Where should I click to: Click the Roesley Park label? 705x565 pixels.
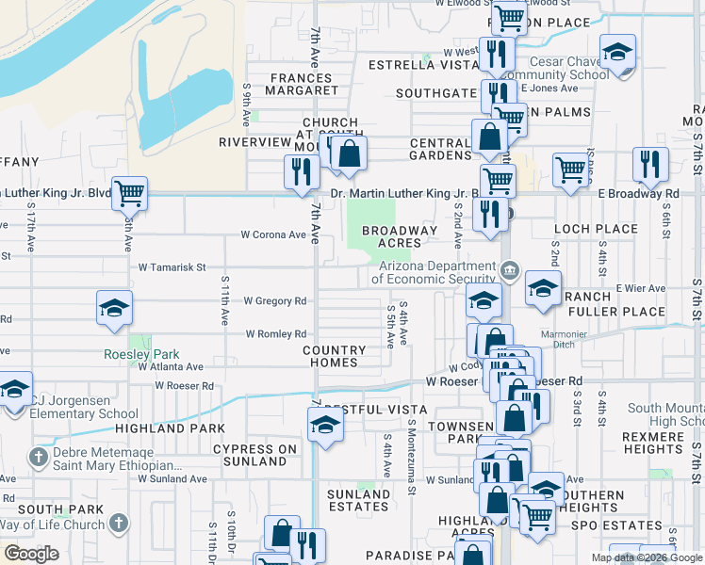pyautogui.click(x=141, y=354)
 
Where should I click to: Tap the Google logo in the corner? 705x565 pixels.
pyautogui.click(x=31, y=554)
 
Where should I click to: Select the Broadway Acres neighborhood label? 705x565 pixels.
pyautogui.click(x=400, y=236)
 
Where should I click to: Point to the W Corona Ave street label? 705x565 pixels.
pyautogui.click(x=273, y=234)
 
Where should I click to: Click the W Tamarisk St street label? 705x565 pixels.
pyautogui.click(x=172, y=267)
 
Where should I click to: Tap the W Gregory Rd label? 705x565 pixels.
pyautogui.click(x=275, y=301)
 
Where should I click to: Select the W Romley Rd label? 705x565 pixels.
pyautogui.click(x=276, y=334)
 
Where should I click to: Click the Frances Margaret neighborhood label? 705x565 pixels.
pyautogui.click(x=303, y=85)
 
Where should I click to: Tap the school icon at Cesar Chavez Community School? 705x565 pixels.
pyautogui.click(x=617, y=52)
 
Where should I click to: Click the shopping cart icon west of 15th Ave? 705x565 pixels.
pyautogui.click(x=130, y=194)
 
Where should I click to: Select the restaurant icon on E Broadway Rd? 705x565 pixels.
pyautogui.click(x=648, y=165)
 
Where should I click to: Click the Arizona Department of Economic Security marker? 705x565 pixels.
pyautogui.click(x=510, y=271)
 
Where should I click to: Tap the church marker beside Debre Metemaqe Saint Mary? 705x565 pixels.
pyautogui.click(x=39, y=458)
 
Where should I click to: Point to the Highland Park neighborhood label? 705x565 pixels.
pyautogui.click(x=156, y=428)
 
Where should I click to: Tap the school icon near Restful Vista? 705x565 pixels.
pyautogui.click(x=325, y=425)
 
